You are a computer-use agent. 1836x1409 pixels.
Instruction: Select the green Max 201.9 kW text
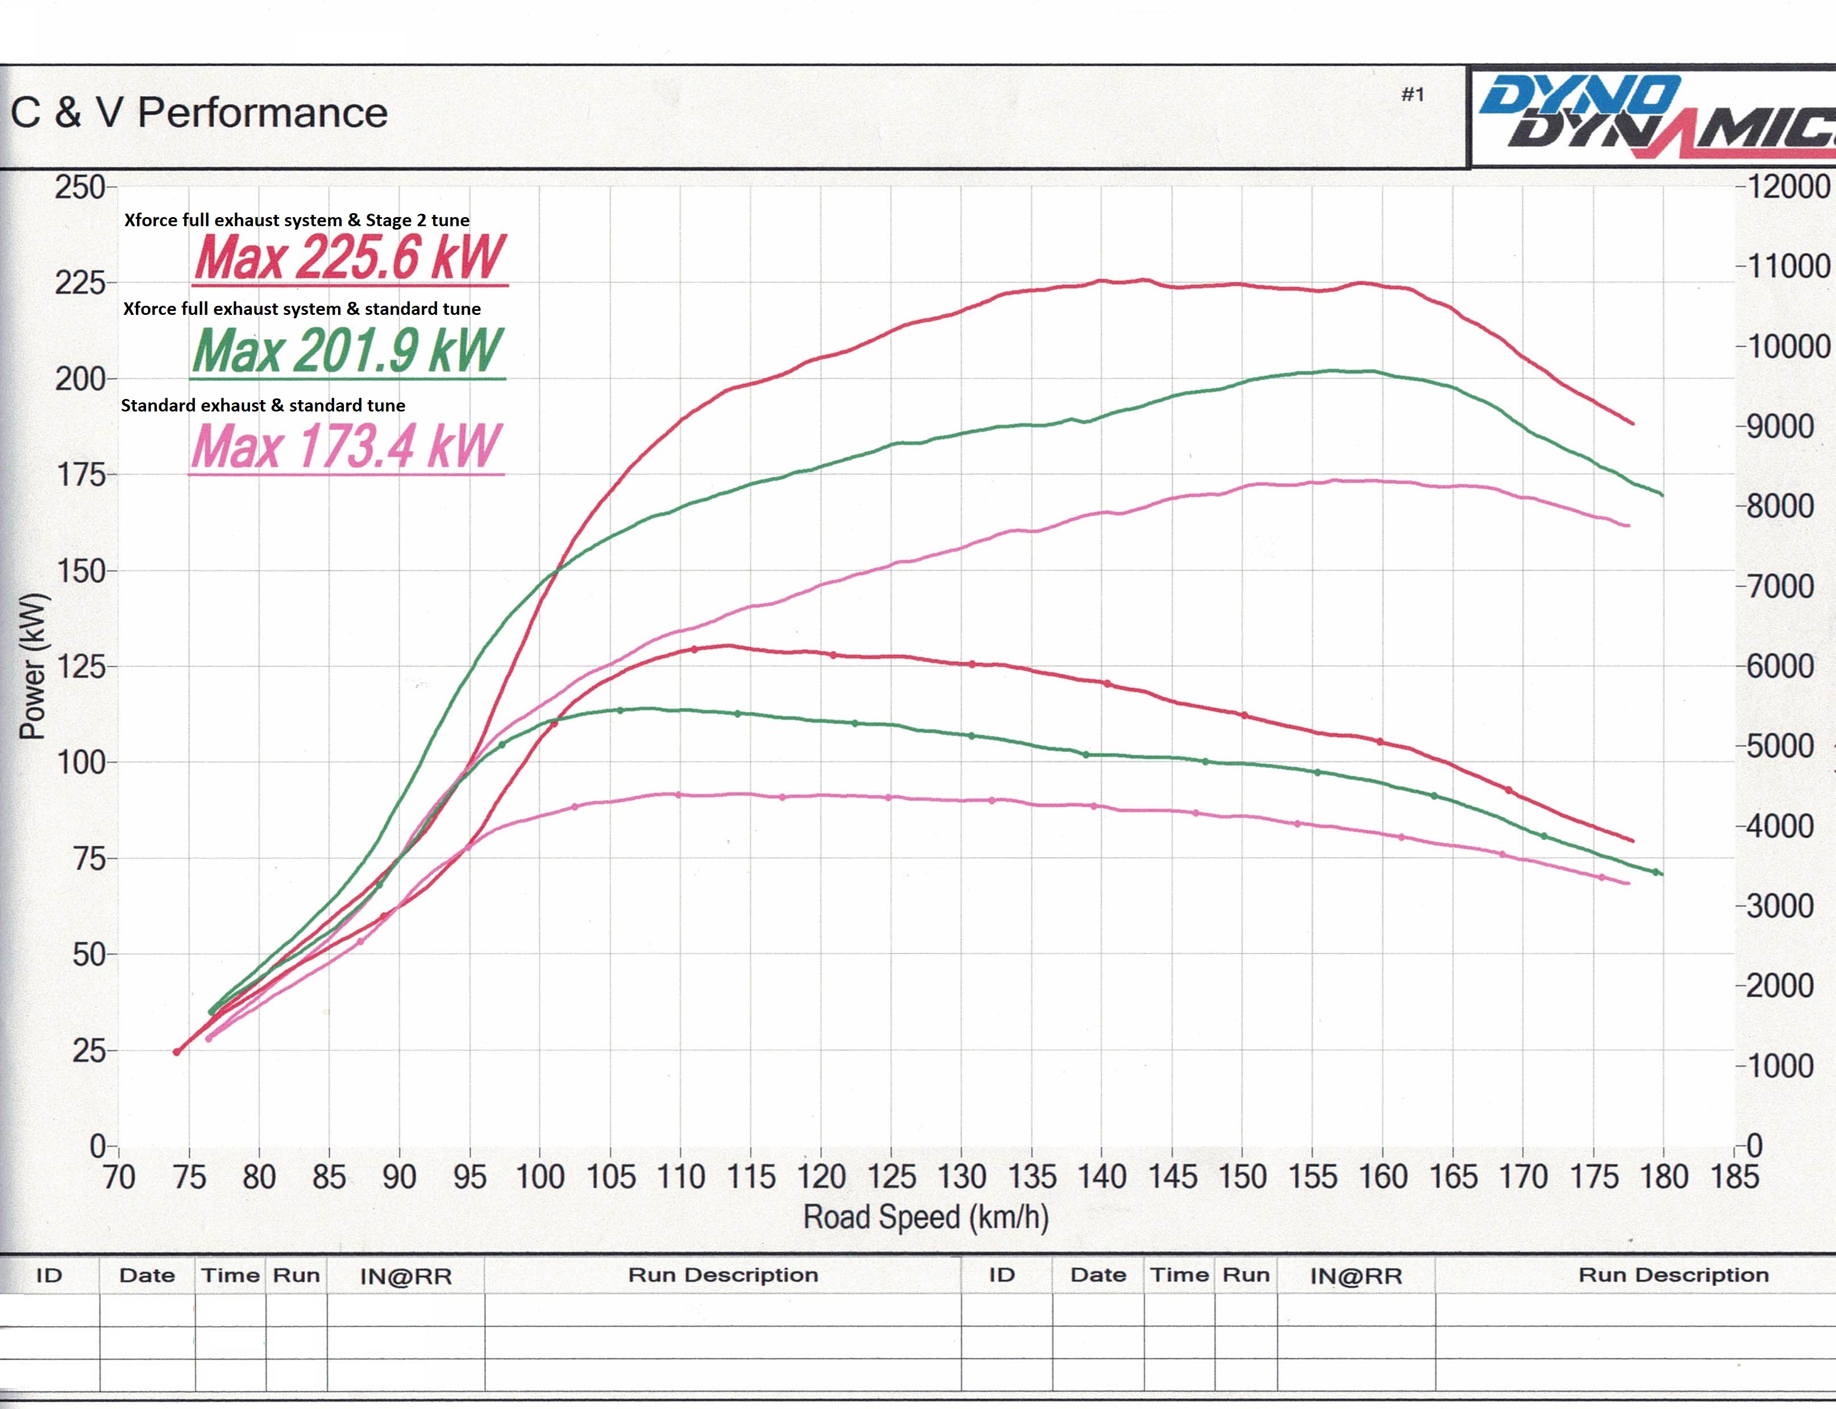pos(347,351)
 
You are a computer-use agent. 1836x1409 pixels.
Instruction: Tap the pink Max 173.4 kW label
pos(346,446)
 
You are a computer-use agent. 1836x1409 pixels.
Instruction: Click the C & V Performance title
pos(199,113)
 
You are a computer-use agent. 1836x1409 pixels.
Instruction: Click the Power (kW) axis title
pos(33,666)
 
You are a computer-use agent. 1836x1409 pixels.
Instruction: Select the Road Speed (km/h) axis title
pos(926,1217)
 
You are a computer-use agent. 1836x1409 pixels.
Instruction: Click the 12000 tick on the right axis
pos(1787,186)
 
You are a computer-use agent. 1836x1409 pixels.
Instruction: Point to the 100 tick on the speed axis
pos(539,1177)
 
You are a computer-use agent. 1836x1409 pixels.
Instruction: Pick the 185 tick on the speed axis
pos(1734,1177)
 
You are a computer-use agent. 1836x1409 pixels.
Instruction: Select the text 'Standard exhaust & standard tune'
pos(263,406)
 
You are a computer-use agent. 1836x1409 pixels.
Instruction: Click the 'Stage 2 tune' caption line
pos(297,221)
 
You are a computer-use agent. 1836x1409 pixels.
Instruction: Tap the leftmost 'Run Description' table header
pos(723,1275)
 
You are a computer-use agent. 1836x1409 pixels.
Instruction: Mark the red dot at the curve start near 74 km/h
pos(177,1051)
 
